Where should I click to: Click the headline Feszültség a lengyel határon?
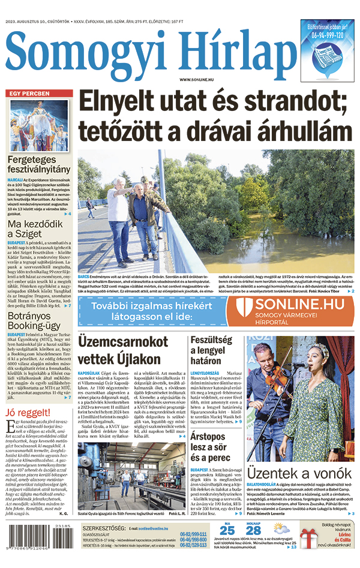click(x=215, y=350)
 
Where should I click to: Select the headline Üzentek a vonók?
click(x=300, y=474)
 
